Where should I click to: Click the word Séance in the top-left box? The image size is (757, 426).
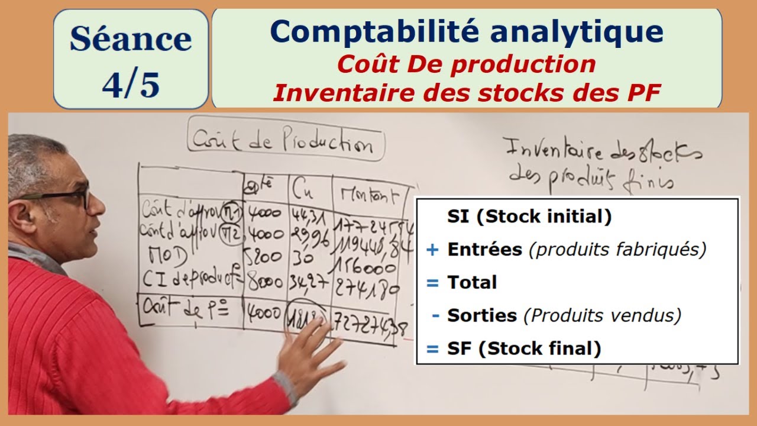tap(131, 40)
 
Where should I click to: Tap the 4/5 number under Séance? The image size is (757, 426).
tap(131, 84)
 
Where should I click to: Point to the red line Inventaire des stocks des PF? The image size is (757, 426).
tap(467, 93)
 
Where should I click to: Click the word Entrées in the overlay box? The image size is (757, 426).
tap(484, 250)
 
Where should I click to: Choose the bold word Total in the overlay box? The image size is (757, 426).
tap(472, 282)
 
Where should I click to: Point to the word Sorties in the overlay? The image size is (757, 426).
tap(482, 315)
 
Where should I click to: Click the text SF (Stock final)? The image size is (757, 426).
tap(524, 348)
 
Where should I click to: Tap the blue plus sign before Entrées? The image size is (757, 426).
tap(432, 250)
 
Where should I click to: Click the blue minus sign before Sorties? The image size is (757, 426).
tap(435, 316)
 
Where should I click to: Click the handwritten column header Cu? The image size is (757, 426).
tap(305, 191)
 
